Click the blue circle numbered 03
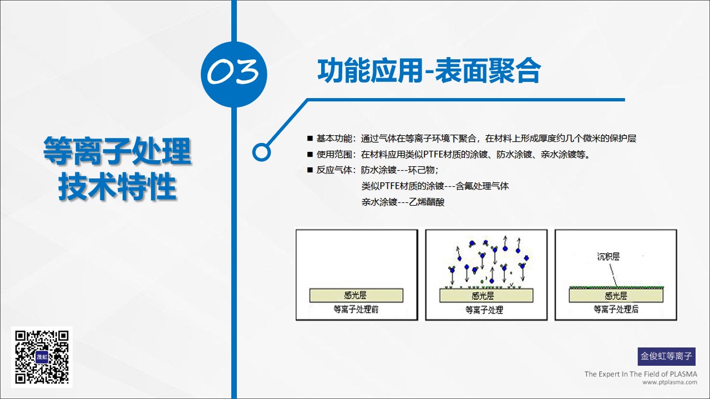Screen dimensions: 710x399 click(x=234, y=74)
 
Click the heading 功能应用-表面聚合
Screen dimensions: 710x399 click(x=429, y=70)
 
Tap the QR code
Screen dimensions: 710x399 click(x=42, y=357)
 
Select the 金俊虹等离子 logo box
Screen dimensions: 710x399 click(x=666, y=356)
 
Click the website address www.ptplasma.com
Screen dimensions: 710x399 click(x=670, y=382)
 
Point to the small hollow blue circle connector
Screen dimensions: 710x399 click(x=261, y=152)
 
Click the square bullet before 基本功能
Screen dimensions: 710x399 click(x=310, y=138)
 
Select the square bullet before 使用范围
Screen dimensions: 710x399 click(x=310, y=154)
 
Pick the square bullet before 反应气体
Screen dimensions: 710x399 click(x=310, y=170)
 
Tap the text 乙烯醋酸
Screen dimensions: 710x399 click(x=427, y=202)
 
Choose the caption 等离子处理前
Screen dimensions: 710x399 click(x=356, y=309)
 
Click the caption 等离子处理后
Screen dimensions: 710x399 click(x=616, y=309)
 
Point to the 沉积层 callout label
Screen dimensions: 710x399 click(x=608, y=256)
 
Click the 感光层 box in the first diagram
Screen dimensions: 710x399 click(x=356, y=295)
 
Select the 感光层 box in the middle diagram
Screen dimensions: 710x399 click(x=486, y=295)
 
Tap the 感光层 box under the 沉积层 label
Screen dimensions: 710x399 click(x=616, y=295)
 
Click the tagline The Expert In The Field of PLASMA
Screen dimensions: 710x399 click(x=641, y=374)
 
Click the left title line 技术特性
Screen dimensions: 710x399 click(x=117, y=187)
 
